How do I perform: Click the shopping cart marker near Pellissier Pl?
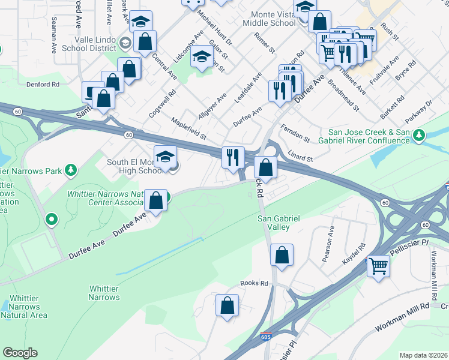(x=378, y=265)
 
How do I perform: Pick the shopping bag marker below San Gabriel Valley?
(x=282, y=256)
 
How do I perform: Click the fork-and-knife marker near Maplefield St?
(x=233, y=158)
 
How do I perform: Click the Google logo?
(x=20, y=352)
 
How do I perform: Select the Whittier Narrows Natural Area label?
(x=29, y=307)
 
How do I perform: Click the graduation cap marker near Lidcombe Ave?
(x=202, y=58)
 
